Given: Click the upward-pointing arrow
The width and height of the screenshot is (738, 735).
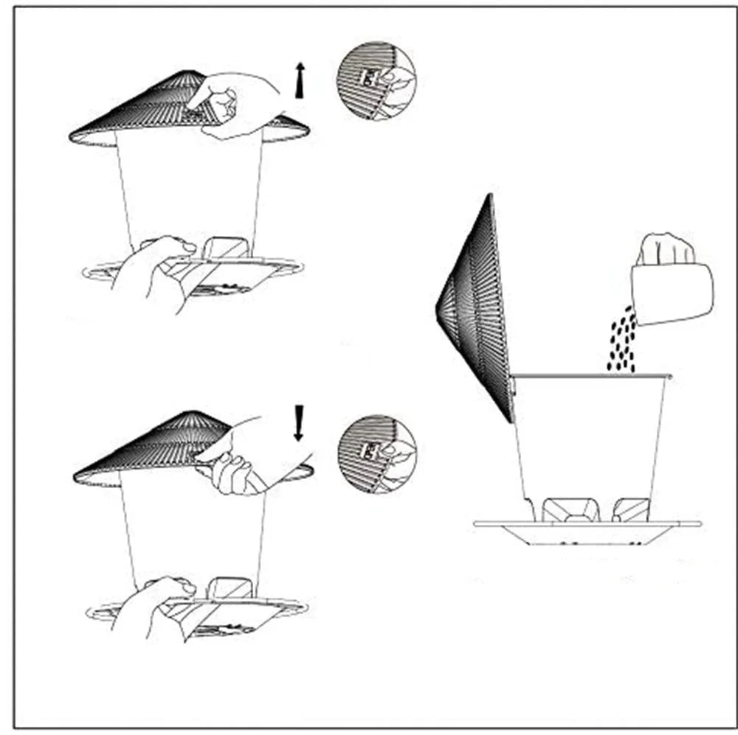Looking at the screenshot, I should pyautogui.click(x=299, y=80).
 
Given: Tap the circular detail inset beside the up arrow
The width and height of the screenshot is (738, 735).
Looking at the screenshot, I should pyautogui.click(x=376, y=80).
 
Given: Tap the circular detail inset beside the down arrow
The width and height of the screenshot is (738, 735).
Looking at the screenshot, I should pyautogui.click(x=376, y=454).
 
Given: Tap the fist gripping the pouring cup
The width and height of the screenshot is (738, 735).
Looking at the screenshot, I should pyautogui.click(x=667, y=249).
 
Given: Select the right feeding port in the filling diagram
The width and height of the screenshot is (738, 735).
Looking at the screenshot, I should pyautogui.click(x=631, y=509).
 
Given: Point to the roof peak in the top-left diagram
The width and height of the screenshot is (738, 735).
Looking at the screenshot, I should pyautogui.click(x=193, y=73).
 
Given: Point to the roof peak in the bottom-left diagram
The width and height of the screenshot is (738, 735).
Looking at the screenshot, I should pyautogui.click(x=193, y=414).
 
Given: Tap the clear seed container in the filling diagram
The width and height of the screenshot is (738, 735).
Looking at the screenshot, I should pyautogui.click(x=590, y=435).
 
